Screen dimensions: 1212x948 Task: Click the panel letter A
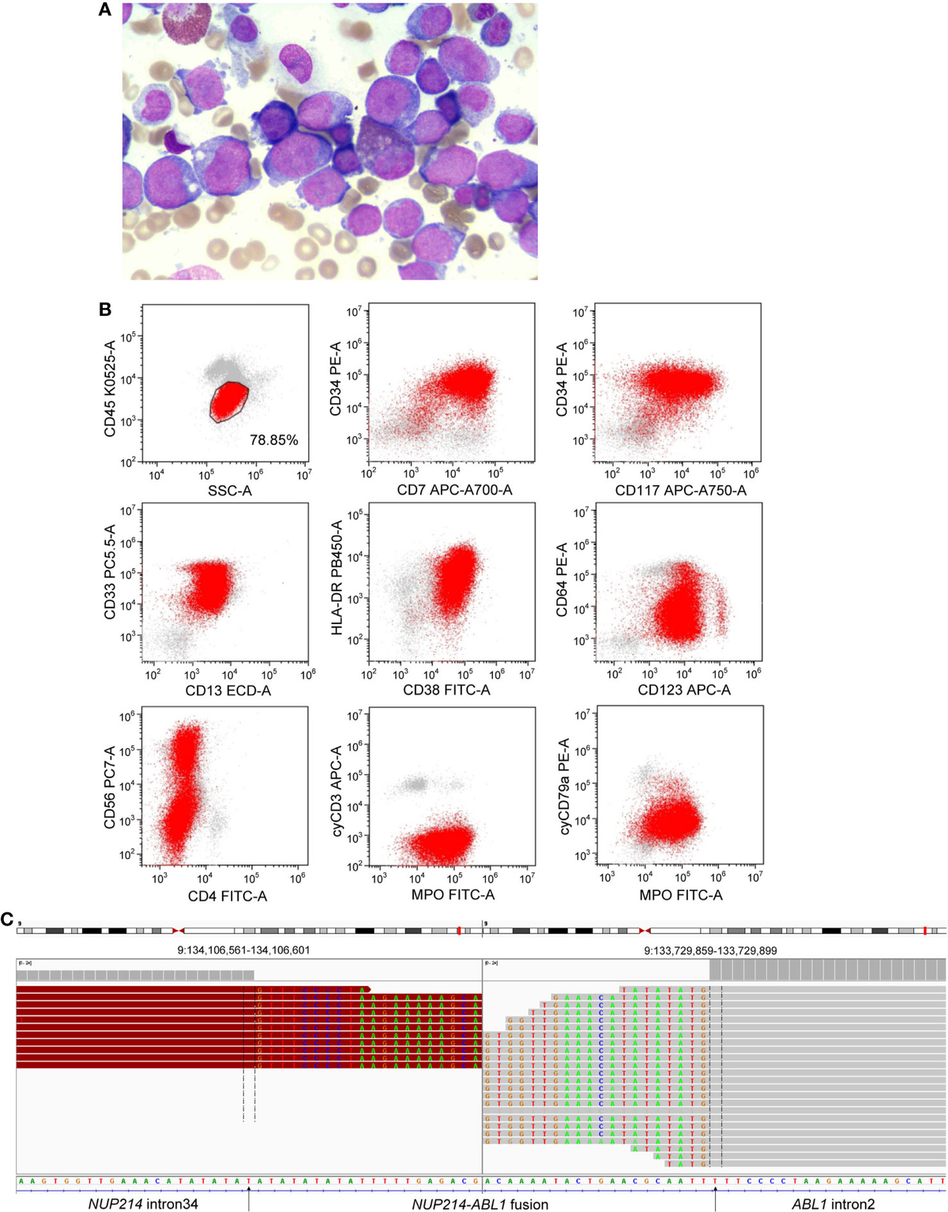point(104,10)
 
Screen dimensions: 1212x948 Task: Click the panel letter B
point(104,309)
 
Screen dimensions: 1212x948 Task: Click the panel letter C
point(7,919)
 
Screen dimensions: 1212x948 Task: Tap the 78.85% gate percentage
point(273,440)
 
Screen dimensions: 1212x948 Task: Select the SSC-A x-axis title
point(229,491)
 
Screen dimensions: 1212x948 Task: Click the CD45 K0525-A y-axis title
point(110,388)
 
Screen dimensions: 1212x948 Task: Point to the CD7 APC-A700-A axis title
point(454,491)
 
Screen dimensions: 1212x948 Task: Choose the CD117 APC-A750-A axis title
point(680,491)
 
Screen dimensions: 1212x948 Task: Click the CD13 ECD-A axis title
point(228,691)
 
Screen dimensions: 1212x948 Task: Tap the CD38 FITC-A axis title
point(446,691)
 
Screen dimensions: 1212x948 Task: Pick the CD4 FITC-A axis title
point(228,896)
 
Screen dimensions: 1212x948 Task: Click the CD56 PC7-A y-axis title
point(110,787)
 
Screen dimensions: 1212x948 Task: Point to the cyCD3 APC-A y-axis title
point(337,790)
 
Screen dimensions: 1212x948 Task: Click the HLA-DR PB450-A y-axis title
point(337,578)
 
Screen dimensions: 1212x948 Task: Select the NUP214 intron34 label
point(143,1204)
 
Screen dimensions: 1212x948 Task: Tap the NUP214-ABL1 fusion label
point(480,1204)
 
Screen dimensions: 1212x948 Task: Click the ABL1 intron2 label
point(833,1204)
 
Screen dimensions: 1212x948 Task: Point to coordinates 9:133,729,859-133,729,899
point(710,950)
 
